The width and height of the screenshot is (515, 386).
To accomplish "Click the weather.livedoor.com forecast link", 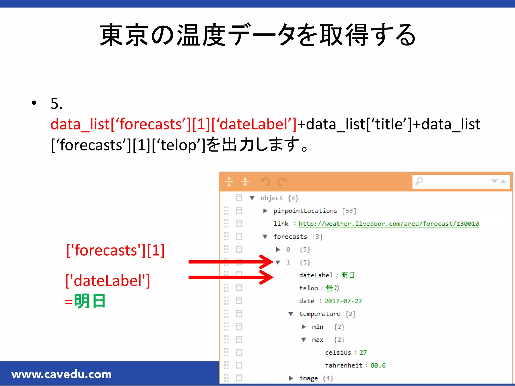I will tap(389, 224).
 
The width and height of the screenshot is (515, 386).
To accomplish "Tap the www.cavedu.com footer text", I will tap(62, 374).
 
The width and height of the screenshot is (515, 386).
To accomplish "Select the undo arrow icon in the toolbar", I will tap(265, 181).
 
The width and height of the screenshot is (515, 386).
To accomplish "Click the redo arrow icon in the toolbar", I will tap(282, 181).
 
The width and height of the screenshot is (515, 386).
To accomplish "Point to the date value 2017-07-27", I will tap(343, 301).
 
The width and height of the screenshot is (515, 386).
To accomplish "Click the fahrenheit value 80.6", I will tap(378, 365).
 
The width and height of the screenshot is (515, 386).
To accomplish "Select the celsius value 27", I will tap(363, 353).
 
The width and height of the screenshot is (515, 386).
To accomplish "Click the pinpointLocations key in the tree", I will tap(305, 211).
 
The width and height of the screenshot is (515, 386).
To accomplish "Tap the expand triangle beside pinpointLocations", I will tap(265, 211).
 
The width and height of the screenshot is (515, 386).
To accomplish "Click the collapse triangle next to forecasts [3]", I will tap(265, 237).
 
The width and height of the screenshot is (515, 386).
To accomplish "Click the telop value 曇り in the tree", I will tap(332, 288).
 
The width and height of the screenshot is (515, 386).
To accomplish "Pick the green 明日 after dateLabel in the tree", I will tap(348, 275).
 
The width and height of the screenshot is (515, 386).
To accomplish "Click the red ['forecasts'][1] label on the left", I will tap(115, 250).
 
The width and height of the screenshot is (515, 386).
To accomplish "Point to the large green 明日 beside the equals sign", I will tap(90, 301).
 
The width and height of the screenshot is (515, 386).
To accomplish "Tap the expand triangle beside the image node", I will tap(291, 378).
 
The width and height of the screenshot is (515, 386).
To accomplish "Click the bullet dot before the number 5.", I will tap(34, 103).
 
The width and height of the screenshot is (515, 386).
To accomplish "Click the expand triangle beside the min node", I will tap(304, 327).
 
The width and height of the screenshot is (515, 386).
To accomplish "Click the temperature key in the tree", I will tap(320, 314).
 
